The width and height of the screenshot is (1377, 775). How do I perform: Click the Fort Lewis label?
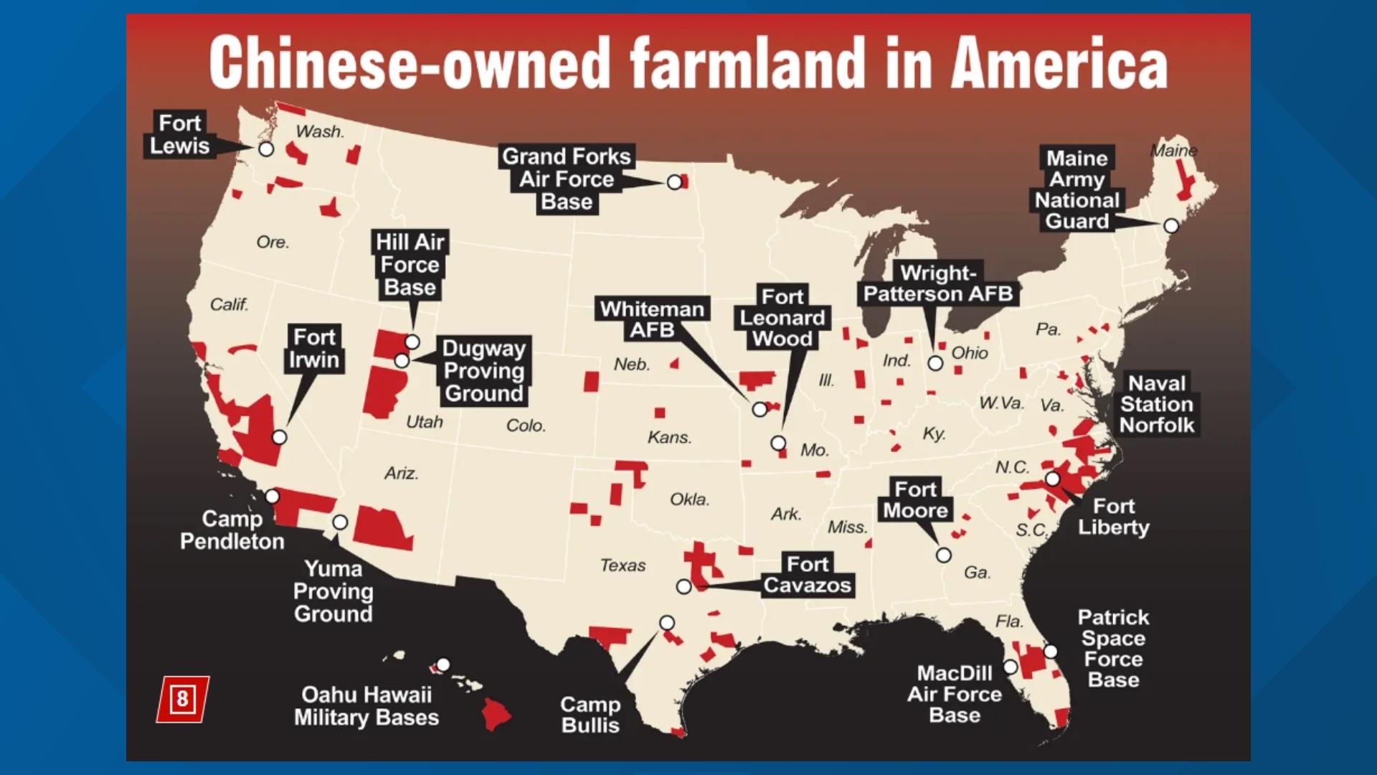(179, 134)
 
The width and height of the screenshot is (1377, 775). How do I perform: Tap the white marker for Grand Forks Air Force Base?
(674, 182)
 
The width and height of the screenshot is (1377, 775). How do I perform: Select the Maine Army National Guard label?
(1076, 189)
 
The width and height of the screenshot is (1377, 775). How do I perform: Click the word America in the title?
(1060, 64)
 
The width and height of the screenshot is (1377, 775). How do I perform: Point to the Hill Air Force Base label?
(410, 264)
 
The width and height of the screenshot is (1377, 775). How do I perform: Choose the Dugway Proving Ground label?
(484, 370)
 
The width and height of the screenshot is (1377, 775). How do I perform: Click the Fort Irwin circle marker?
(280, 437)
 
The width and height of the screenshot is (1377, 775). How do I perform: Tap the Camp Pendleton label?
(232, 530)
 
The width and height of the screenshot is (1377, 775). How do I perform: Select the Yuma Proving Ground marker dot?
(341, 522)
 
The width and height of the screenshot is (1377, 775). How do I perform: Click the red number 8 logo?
(182, 699)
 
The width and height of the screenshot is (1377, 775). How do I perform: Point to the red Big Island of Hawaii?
(496, 713)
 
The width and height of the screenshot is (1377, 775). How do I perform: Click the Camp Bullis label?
(590, 715)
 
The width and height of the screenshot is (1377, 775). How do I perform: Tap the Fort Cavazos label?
(807, 575)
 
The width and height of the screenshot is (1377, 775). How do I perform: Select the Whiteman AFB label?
(652, 319)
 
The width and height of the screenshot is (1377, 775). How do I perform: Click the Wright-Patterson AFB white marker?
(935, 363)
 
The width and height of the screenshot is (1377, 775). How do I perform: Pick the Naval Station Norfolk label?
(1157, 404)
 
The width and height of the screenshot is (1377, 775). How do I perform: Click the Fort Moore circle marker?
(944, 555)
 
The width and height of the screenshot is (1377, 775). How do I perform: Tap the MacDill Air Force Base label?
(954, 694)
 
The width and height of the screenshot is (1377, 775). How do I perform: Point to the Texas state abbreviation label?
(623, 565)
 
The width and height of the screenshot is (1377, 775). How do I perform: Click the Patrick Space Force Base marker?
(1050, 652)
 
